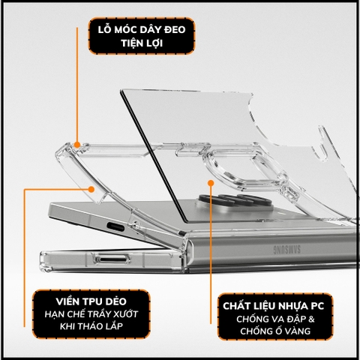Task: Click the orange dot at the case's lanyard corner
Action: coord(77,142)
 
